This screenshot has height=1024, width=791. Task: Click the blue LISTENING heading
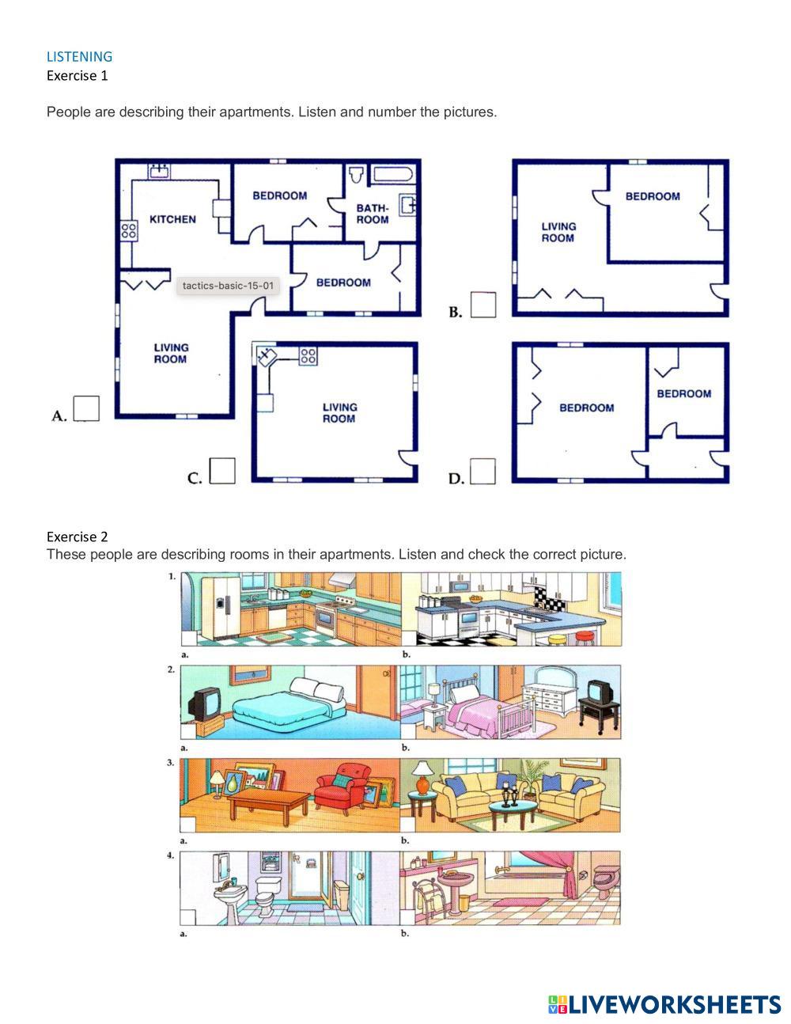click(79, 56)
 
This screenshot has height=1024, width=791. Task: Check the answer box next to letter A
click(87, 408)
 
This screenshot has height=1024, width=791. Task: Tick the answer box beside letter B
click(483, 305)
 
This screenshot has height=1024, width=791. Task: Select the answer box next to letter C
click(222, 471)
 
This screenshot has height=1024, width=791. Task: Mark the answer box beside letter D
click(483, 471)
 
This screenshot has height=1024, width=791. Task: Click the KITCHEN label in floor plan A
click(172, 219)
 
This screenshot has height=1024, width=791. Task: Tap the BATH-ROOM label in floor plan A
click(373, 214)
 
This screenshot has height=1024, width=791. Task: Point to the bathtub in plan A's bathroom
click(394, 176)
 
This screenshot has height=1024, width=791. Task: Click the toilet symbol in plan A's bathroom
click(356, 174)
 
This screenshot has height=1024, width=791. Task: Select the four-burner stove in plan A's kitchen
click(128, 231)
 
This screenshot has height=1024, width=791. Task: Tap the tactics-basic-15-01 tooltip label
click(228, 286)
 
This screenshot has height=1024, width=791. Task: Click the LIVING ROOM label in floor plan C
click(339, 413)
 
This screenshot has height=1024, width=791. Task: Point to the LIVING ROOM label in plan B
click(558, 232)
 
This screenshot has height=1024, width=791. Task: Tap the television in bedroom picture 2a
click(204, 703)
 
